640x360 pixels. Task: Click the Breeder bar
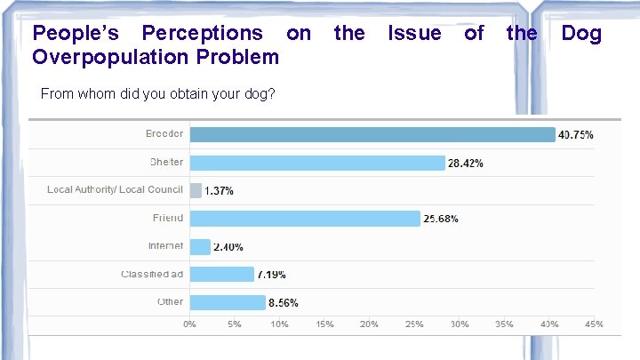(x=372, y=134)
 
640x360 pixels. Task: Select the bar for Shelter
(x=317, y=163)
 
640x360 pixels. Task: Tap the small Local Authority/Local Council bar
(x=196, y=190)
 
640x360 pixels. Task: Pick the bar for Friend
(x=305, y=219)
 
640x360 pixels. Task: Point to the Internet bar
(x=200, y=246)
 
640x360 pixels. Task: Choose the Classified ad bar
(x=221, y=275)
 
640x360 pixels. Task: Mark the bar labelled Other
(x=228, y=302)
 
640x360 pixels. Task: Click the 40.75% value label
(x=575, y=135)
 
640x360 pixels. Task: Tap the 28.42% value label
(x=466, y=164)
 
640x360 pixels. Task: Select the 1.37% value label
(x=219, y=191)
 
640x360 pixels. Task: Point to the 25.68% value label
(x=441, y=220)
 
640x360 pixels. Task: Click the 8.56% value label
(x=284, y=303)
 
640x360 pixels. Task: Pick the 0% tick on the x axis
(x=190, y=324)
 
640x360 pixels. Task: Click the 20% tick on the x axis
(x=369, y=324)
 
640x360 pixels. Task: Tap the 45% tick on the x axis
(x=594, y=324)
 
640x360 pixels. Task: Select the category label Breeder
(x=164, y=133)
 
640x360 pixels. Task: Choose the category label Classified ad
(x=152, y=274)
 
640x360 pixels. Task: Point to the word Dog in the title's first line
(x=581, y=34)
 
